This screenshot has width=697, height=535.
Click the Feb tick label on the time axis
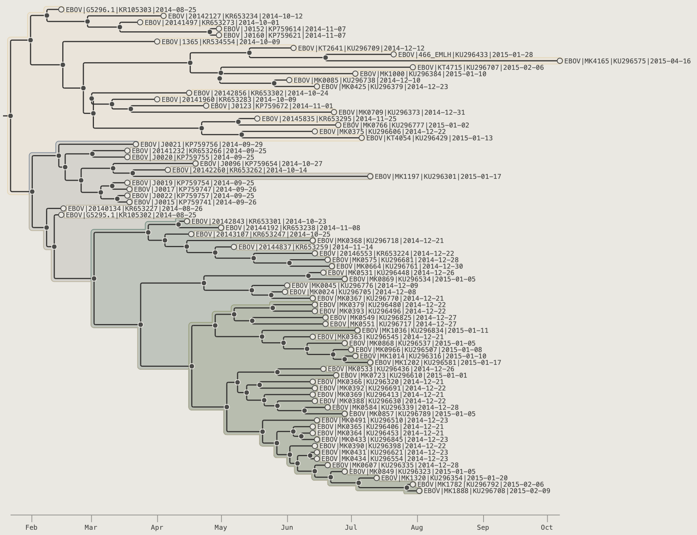(32, 527)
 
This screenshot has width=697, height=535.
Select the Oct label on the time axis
(547, 527)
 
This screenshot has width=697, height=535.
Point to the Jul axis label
(351, 527)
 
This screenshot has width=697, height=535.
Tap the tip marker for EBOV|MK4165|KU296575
(560, 61)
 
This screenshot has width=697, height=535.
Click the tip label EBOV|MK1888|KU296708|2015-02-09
(487, 491)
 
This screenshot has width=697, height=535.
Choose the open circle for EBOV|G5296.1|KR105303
(61, 9)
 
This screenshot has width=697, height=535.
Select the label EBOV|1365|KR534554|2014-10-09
(221, 42)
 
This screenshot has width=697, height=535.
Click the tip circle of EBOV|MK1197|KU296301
(370, 176)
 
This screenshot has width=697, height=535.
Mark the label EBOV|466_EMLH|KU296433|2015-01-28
(465, 55)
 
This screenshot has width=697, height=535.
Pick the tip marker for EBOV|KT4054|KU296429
(362, 138)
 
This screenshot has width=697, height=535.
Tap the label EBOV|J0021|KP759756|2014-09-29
(201, 145)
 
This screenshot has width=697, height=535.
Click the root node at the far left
(11, 116)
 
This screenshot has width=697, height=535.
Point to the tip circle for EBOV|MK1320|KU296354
(376, 478)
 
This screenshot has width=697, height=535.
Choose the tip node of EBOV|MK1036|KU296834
(357, 331)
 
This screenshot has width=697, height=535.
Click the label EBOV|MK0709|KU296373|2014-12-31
(402, 112)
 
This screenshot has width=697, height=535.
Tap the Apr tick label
(157, 527)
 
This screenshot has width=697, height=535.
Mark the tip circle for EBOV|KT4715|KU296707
(413, 67)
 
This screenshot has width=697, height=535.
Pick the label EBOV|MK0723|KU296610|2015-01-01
(404, 375)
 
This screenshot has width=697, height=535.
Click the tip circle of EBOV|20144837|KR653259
(234, 247)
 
